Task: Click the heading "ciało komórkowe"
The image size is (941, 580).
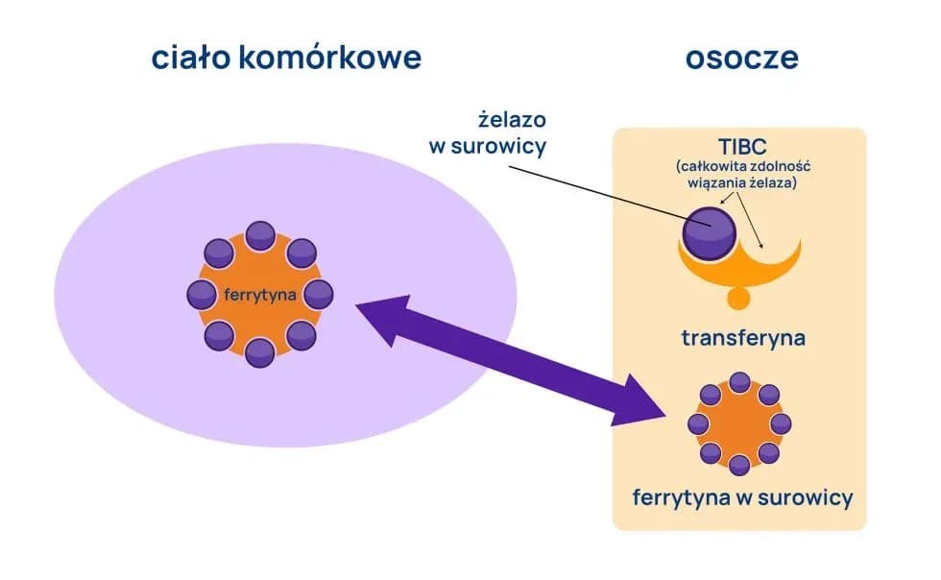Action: click(286, 58)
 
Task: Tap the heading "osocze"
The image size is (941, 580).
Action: click(741, 58)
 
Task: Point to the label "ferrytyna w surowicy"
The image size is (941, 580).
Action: click(741, 497)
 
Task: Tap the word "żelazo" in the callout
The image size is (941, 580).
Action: click(512, 121)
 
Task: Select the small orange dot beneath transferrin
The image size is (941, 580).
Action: click(737, 298)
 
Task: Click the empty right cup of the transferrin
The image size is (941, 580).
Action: click(768, 252)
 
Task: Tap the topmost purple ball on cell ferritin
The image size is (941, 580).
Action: click(260, 236)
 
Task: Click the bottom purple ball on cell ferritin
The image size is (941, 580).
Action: click(260, 352)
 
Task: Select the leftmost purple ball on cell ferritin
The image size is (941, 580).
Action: click(202, 294)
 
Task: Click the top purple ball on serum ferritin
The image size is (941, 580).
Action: click(739, 382)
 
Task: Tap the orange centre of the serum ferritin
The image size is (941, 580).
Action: click(739, 423)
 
